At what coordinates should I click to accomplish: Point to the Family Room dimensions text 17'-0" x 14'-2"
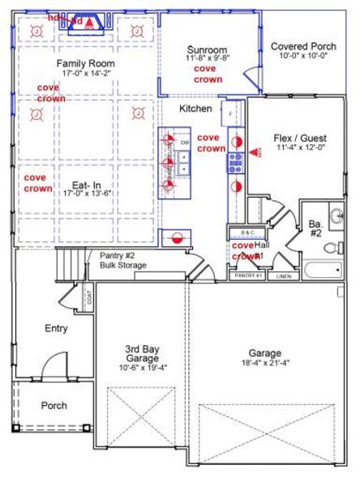pos(85,74)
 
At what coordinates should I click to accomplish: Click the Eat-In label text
pos(85,184)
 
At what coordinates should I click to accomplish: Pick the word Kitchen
pos(195,109)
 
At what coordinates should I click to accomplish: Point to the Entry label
pos(56,329)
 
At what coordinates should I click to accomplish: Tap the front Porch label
pos(54,406)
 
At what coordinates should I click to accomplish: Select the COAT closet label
pos(87,300)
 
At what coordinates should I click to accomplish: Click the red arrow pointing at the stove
pos(256,151)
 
